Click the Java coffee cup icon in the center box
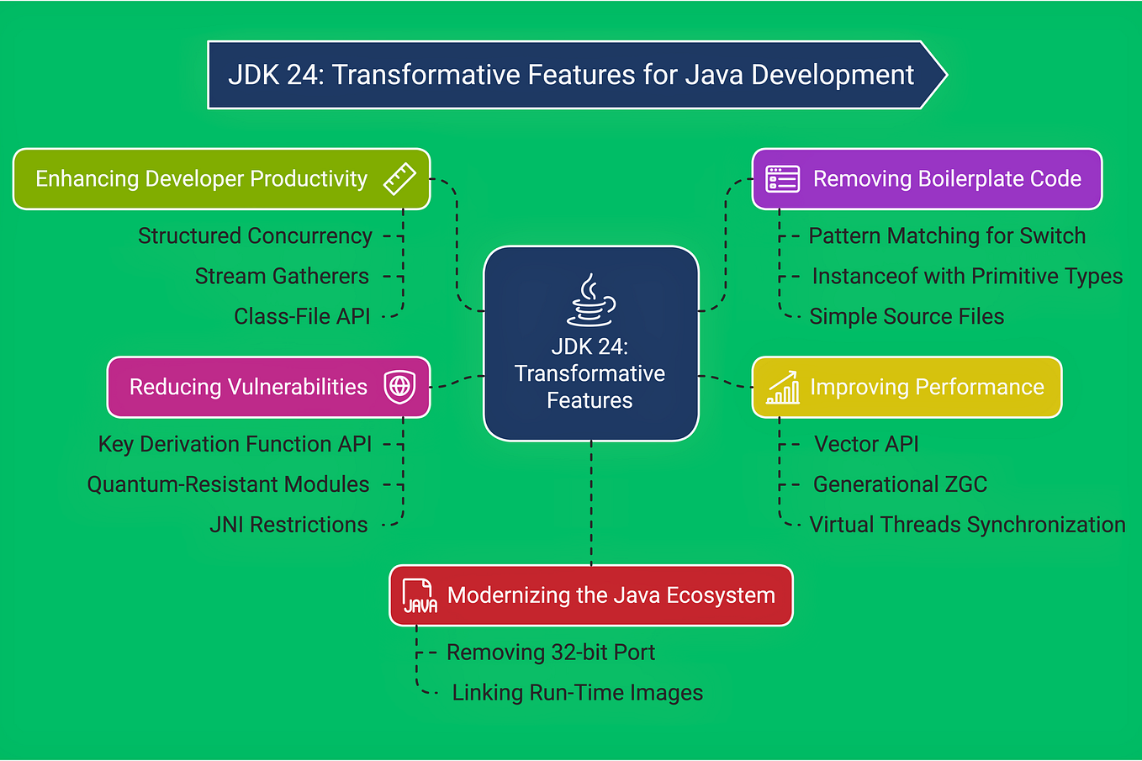pyautogui.click(x=590, y=300)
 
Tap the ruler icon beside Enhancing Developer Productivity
pyautogui.click(x=399, y=179)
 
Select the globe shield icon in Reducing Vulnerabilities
pyautogui.click(x=399, y=387)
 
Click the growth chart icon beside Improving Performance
pyautogui.click(x=783, y=388)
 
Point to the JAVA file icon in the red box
pyautogui.click(x=419, y=595)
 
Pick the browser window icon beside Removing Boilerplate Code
pyautogui.click(x=783, y=179)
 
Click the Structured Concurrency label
pyautogui.click(x=255, y=236)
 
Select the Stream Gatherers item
pyautogui.click(x=282, y=277)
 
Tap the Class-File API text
pyautogui.click(x=302, y=317)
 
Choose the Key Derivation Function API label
pyautogui.click(x=235, y=444)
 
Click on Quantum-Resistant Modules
pyautogui.click(x=228, y=484)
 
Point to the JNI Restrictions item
pyautogui.click(x=288, y=525)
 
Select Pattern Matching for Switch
pyautogui.click(x=947, y=236)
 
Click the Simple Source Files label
pyautogui.click(x=907, y=317)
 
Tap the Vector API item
pyautogui.click(x=866, y=444)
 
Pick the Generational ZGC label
pyautogui.click(x=900, y=484)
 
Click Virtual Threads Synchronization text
pyautogui.click(x=967, y=525)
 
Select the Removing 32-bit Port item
pyautogui.click(x=551, y=653)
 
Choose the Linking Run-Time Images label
pyautogui.click(x=578, y=693)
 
